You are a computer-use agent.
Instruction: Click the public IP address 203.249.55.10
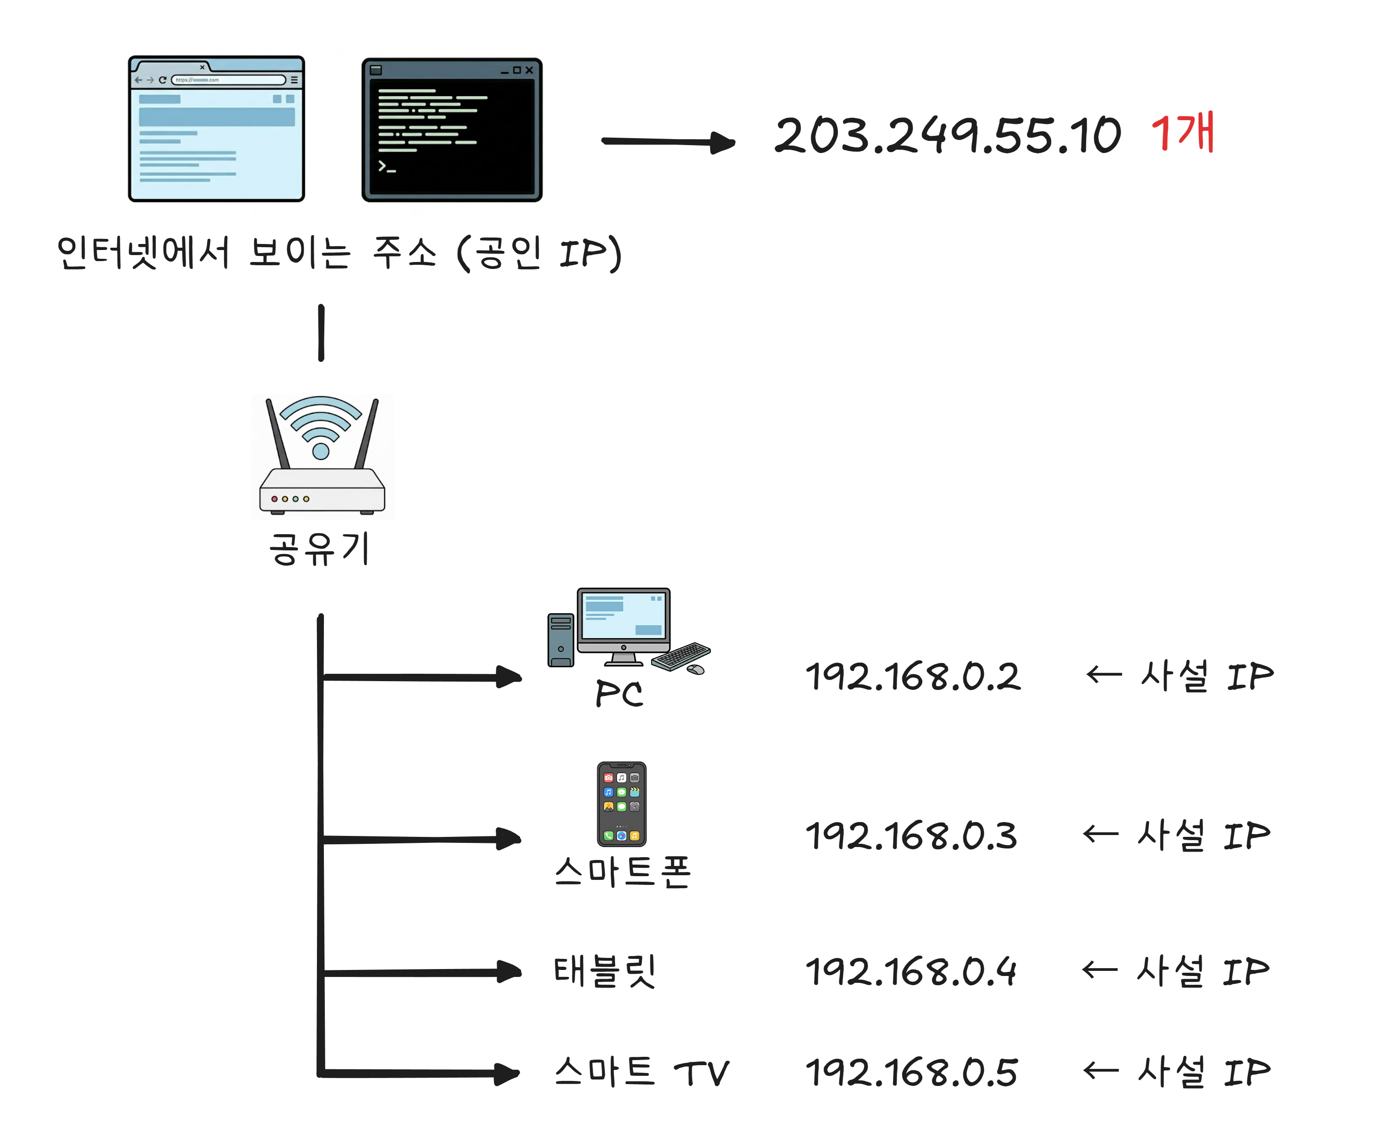pyautogui.click(x=947, y=136)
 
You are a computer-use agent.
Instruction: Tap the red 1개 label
pyautogui.click(x=1182, y=133)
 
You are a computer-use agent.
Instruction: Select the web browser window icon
pyautogui.click(x=216, y=128)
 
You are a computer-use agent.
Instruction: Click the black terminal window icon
pyautogui.click(x=451, y=130)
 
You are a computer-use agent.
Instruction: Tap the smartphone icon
pyautogui.click(x=621, y=804)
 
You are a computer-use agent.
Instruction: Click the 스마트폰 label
pyautogui.click(x=622, y=872)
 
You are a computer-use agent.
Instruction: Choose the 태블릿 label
pyautogui.click(x=604, y=971)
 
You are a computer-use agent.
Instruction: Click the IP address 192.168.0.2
pyautogui.click(x=913, y=677)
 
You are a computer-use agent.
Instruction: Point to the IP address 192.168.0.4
pyautogui.click(x=911, y=971)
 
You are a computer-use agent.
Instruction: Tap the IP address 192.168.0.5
pyautogui.click(x=911, y=1072)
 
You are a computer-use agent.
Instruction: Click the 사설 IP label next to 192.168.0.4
pyautogui.click(x=1202, y=971)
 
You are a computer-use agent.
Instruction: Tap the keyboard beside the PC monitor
pyautogui.click(x=680, y=656)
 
